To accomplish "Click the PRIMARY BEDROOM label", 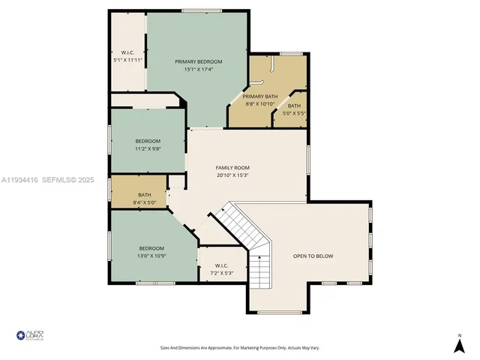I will (x=199, y=61).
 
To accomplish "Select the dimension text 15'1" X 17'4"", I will (x=199, y=70).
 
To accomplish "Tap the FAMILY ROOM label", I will (x=232, y=167).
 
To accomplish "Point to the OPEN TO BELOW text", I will (x=313, y=256).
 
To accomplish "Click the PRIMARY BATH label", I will (x=260, y=97).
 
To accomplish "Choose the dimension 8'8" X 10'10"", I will (x=260, y=104).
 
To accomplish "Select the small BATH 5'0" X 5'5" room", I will (x=294, y=109).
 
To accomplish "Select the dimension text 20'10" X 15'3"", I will (x=232, y=175).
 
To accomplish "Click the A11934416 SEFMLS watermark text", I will (x=47, y=180).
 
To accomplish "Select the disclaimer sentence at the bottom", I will (x=239, y=347).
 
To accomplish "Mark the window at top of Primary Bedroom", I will (x=201, y=10).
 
